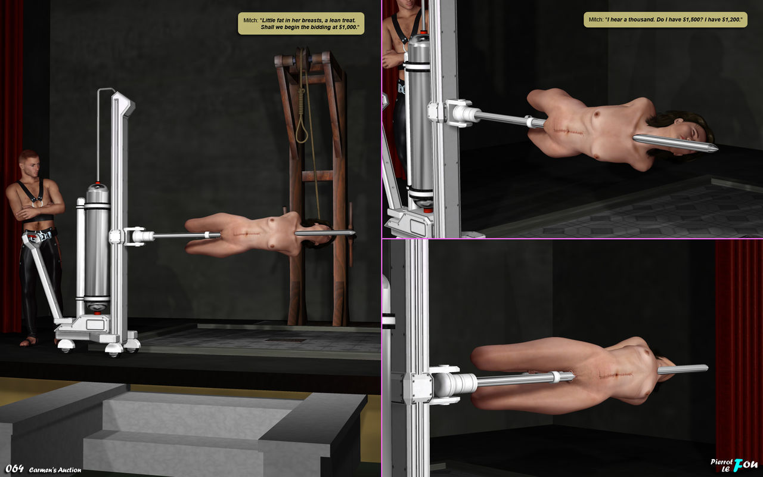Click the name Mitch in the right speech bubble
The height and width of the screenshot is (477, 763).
(x=595, y=20)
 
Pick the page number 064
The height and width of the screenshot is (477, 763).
(x=14, y=469)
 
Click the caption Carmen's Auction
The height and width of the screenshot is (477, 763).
(x=55, y=470)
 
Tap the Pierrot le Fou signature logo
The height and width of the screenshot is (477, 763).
(x=734, y=466)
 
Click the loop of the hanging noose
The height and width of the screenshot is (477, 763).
(x=302, y=130)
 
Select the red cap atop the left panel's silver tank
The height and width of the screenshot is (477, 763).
(x=98, y=182)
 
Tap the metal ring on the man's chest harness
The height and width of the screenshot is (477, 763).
(x=37, y=204)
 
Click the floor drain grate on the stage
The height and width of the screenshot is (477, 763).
(x=286, y=340)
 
